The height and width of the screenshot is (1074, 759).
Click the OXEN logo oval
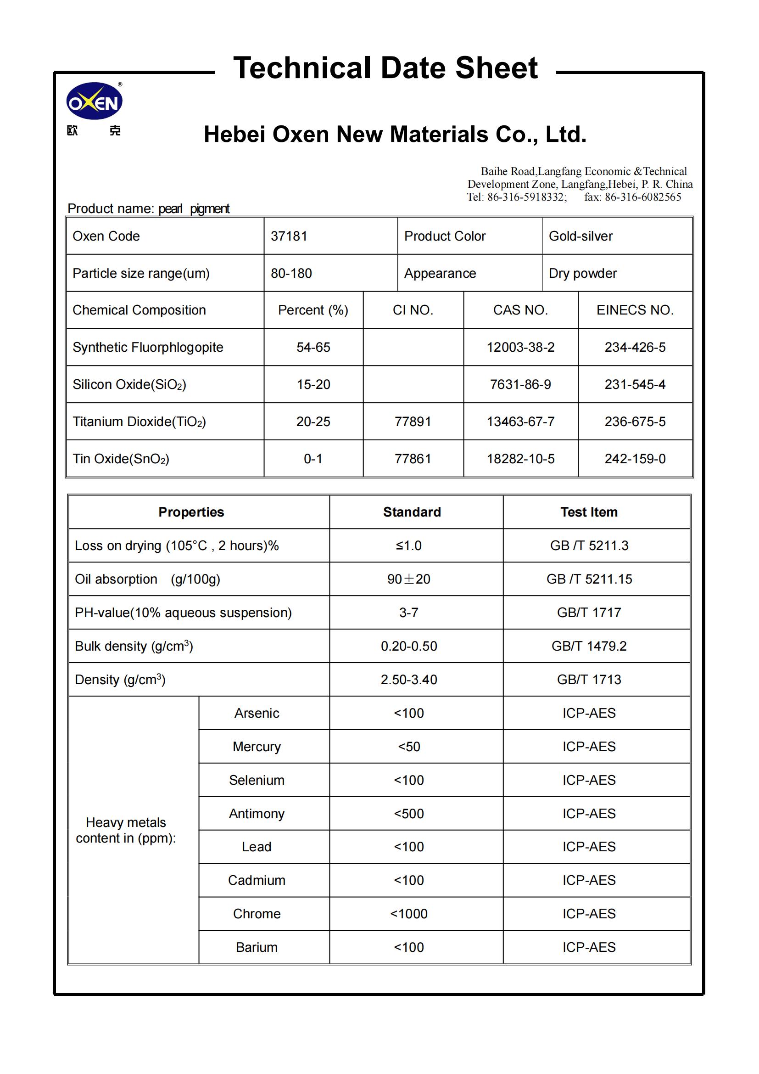95,101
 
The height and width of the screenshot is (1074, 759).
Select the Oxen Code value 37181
289,236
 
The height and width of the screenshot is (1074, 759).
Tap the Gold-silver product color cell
580,236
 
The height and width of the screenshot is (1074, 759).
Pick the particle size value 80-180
291,273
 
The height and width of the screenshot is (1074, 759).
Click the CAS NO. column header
520,310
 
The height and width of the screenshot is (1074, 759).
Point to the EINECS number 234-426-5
635,347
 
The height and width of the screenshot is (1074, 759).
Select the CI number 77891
413,422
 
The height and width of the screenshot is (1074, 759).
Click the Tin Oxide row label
121,459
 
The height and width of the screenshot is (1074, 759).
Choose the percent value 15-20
313,384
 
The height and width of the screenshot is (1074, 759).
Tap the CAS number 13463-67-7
520,422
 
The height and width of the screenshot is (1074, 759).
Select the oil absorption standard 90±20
408,579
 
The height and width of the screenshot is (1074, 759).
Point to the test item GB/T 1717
589,613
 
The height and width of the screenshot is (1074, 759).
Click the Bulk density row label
134,647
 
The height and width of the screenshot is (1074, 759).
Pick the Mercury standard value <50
409,747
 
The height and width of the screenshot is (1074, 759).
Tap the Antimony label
257,814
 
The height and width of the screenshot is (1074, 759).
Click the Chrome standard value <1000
409,914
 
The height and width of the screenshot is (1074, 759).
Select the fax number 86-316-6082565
642,197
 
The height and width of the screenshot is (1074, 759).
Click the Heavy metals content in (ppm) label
126,830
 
